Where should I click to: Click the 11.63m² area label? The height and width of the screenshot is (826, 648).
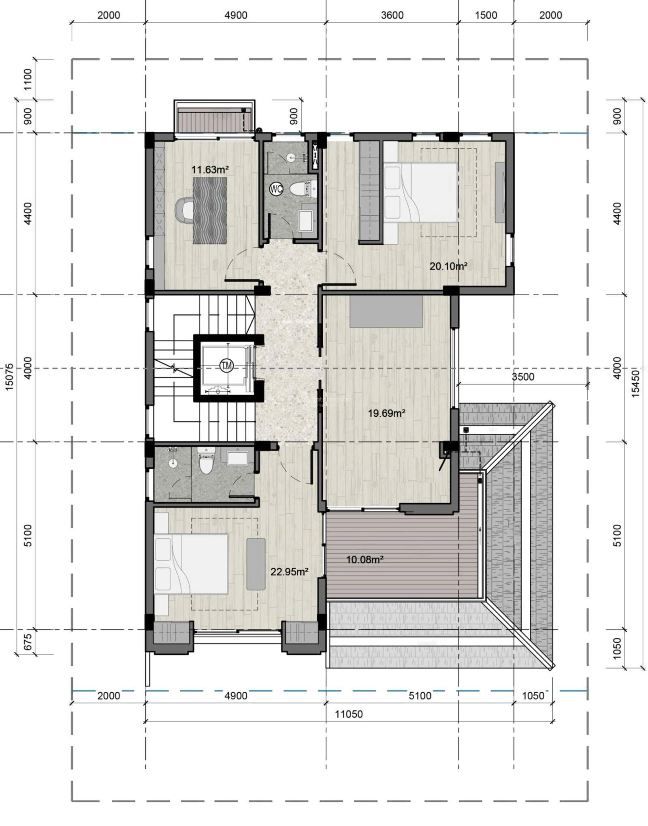(x=210, y=169)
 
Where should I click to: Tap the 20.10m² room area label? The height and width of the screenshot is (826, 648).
(x=448, y=266)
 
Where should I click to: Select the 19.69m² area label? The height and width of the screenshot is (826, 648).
(x=386, y=413)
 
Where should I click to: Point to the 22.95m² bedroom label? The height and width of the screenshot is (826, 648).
(x=289, y=572)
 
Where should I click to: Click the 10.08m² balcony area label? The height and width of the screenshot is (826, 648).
(x=364, y=559)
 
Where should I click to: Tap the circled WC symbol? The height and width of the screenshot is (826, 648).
(x=276, y=189)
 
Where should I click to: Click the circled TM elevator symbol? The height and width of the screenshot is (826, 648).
(x=226, y=366)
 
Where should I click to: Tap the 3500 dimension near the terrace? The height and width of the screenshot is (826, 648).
(x=523, y=377)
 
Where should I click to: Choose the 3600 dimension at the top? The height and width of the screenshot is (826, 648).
(x=392, y=15)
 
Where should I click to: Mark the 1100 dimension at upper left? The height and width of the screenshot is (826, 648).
(x=28, y=80)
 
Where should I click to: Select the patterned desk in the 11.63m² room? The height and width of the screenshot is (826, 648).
(x=210, y=211)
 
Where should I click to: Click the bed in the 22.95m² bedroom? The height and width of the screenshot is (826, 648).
(x=191, y=564)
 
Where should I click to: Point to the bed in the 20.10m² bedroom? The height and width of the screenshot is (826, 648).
(x=420, y=192)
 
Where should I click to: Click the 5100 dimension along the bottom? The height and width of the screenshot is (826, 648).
(x=420, y=695)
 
